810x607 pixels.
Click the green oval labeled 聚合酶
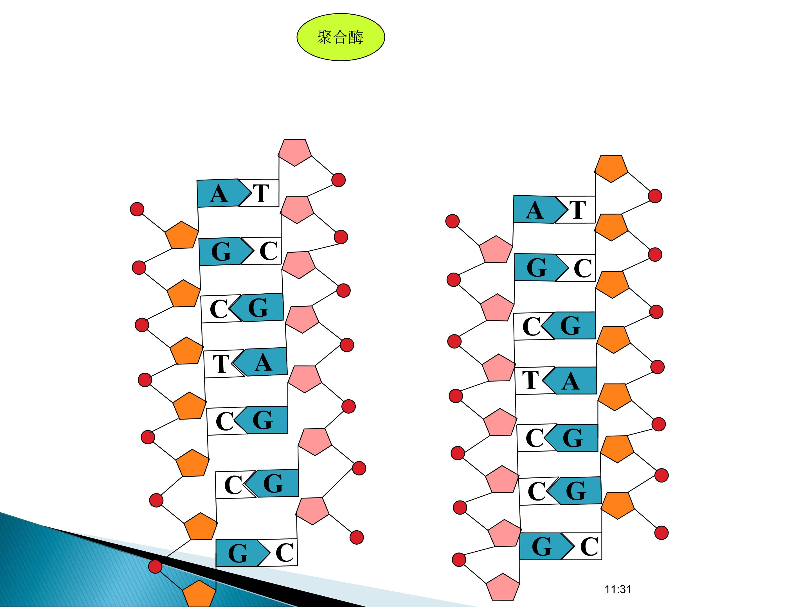pyautogui.click(x=341, y=37)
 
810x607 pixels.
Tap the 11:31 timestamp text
pyautogui.click(x=618, y=590)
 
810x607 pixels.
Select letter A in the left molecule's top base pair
pyautogui.click(x=219, y=194)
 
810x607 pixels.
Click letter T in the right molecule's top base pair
pyautogui.click(x=577, y=210)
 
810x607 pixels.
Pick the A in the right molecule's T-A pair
pyautogui.click(x=570, y=382)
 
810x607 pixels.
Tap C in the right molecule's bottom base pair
pyautogui.click(x=589, y=547)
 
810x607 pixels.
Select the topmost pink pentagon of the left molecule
pyautogui.click(x=295, y=152)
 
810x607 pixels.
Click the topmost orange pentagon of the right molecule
pyautogui.click(x=611, y=168)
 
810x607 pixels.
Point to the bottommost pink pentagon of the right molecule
pyautogui.click(x=503, y=587)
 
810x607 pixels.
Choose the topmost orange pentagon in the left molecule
pyautogui.click(x=182, y=235)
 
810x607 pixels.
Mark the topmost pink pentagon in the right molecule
pyautogui.click(x=496, y=249)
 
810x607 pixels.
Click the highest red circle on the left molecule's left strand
pyautogui.click(x=137, y=209)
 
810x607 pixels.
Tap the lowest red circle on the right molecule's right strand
pyautogui.click(x=661, y=533)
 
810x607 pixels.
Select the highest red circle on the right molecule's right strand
pyautogui.click(x=655, y=196)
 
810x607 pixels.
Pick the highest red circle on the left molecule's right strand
pyautogui.click(x=338, y=180)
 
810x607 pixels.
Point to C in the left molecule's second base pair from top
pyautogui.click(x=268, y=251)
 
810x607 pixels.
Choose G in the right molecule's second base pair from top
pyautogui.click(x=536, y=268)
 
